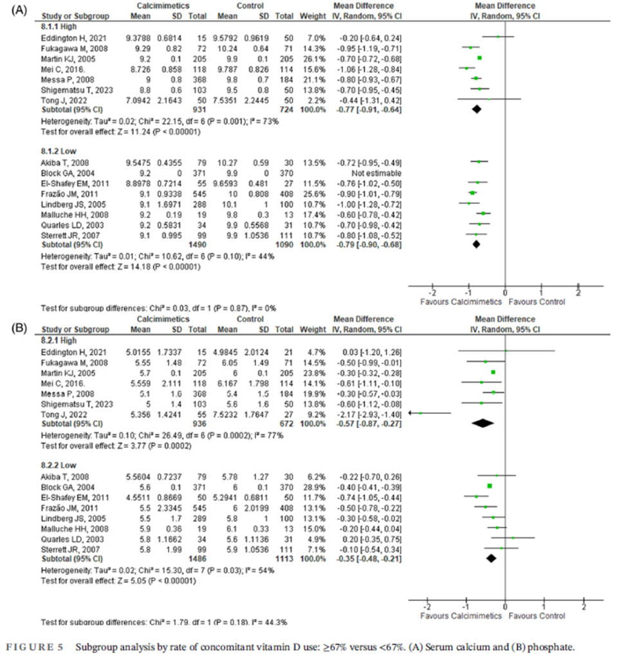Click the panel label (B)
click(14, 326)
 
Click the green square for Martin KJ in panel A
click(479, 58)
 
